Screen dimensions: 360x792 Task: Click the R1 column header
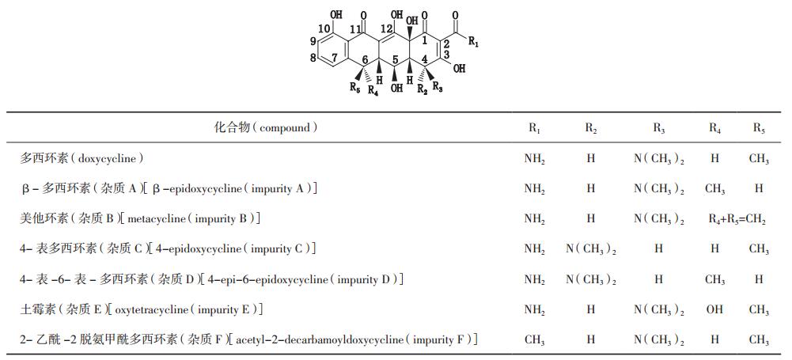535,128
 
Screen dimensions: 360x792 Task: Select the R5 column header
759,128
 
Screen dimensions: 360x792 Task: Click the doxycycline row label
83,158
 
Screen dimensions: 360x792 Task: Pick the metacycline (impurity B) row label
140,218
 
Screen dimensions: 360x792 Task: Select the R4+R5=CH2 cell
737,219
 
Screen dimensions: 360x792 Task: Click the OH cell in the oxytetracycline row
714,309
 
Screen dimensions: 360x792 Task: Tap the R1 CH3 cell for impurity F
535,340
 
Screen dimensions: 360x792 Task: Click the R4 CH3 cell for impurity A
714,189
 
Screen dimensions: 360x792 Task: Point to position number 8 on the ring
313,57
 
